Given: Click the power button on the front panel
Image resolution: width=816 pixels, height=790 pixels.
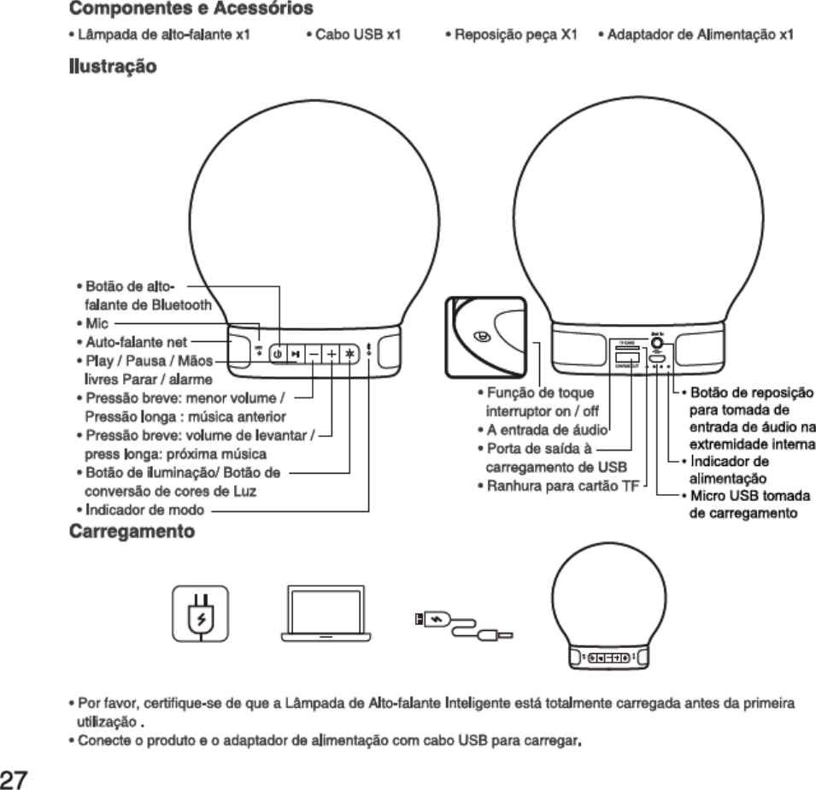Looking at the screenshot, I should point(278,353).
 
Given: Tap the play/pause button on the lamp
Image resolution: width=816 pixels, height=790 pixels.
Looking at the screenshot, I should point(295,353).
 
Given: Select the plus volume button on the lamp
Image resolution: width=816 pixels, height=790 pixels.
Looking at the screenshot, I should point(332,353).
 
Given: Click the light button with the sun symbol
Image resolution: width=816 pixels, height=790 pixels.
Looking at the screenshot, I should point(349,353).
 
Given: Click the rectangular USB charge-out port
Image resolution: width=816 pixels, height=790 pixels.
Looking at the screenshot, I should point(626,354).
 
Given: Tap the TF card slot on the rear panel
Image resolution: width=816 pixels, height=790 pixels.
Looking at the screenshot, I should point(626,343).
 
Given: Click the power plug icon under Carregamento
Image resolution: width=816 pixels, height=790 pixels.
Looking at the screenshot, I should point(200,613).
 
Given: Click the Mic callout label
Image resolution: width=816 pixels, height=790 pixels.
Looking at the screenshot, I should point(95,325).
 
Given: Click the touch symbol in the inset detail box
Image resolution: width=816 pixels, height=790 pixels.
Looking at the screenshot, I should point(484,338).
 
